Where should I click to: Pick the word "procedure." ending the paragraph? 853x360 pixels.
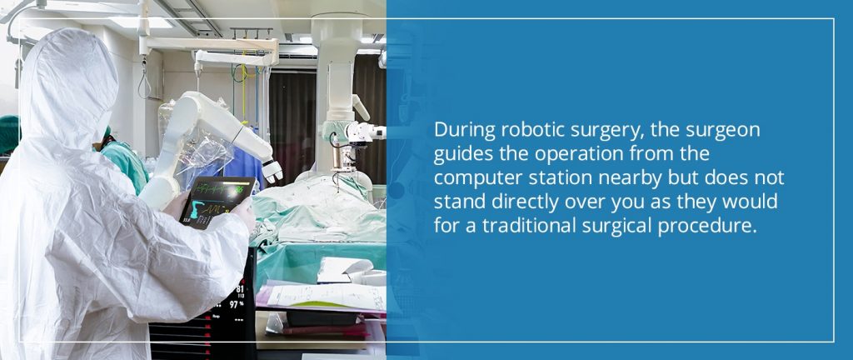tap(716, 227)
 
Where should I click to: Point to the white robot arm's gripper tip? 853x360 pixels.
tap(272, 171)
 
